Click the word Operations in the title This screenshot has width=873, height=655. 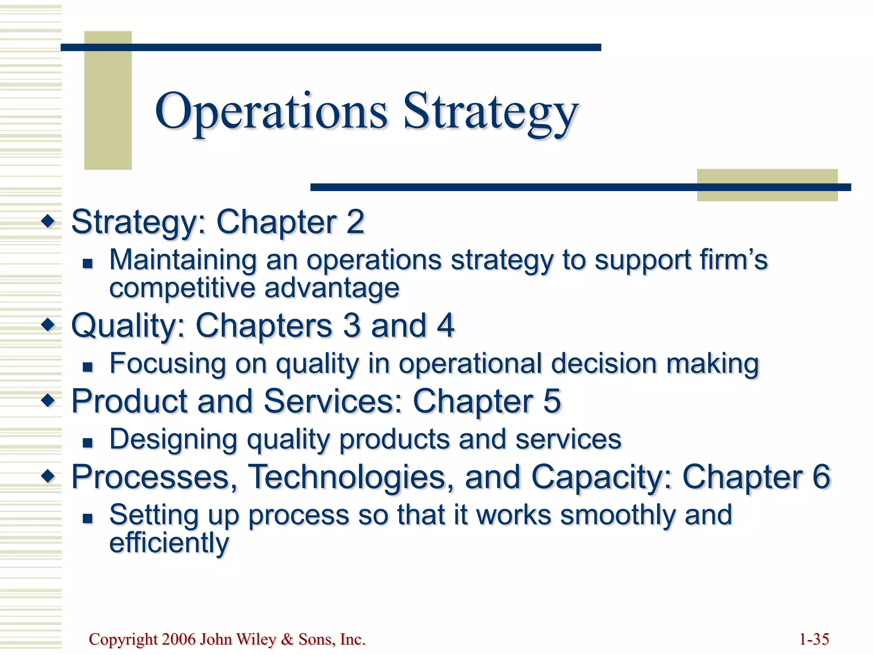271,112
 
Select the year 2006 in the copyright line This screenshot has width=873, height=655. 179,639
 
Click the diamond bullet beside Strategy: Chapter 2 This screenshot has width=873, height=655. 48,221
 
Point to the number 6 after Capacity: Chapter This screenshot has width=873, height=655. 821,476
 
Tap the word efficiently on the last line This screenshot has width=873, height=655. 169,542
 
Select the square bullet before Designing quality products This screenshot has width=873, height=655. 88,443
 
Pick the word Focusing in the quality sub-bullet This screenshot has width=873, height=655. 168,363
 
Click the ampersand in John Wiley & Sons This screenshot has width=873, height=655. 288,639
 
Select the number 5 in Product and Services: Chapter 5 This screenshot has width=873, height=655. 552,401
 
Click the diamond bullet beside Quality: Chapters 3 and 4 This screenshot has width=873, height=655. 48,325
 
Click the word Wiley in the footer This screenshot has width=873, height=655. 256,639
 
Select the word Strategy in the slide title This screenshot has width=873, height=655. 490,112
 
